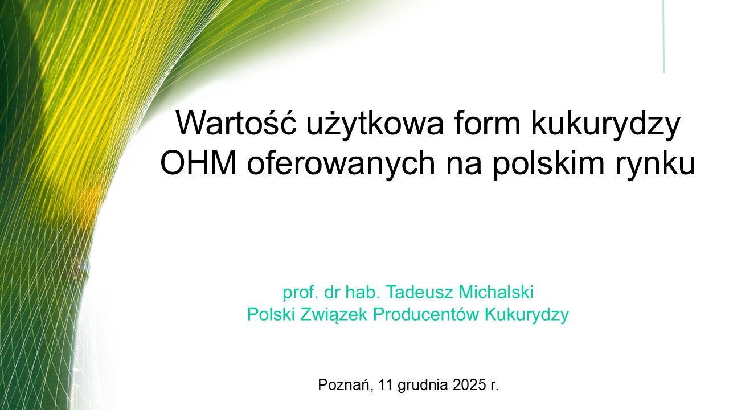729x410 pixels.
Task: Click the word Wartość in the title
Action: pos(236,122)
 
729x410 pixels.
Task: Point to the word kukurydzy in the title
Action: pos(605,125)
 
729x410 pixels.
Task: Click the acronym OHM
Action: pos(198,163)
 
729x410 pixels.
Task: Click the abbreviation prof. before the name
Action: pos(300,292)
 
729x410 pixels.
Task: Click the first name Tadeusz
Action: pos(419,292)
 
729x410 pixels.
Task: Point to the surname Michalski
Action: pos(495,292)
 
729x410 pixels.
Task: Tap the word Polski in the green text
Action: pos(271,314)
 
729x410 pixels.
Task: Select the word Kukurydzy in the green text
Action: pos(527,315)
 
